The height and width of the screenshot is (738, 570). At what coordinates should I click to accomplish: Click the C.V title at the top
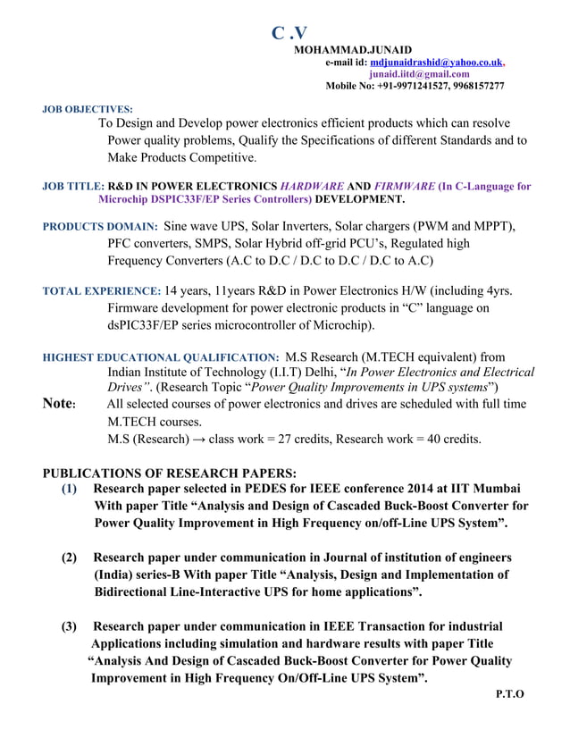[x=289, y=34]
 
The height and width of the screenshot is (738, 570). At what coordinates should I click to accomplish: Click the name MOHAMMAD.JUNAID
[x=353, y=49]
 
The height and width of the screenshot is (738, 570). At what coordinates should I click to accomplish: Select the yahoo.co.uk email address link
[x=437, y=62]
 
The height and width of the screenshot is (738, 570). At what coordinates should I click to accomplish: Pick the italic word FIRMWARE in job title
[x=405, y=187]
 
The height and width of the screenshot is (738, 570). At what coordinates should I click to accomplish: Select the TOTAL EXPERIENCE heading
[x=102, y=291]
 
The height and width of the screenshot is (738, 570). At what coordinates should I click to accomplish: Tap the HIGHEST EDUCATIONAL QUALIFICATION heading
[x=161, y=356]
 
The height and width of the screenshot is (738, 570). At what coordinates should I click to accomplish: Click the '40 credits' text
[x=450, y=439]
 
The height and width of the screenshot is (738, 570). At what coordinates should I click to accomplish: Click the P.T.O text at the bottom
[x=508, y=693]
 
